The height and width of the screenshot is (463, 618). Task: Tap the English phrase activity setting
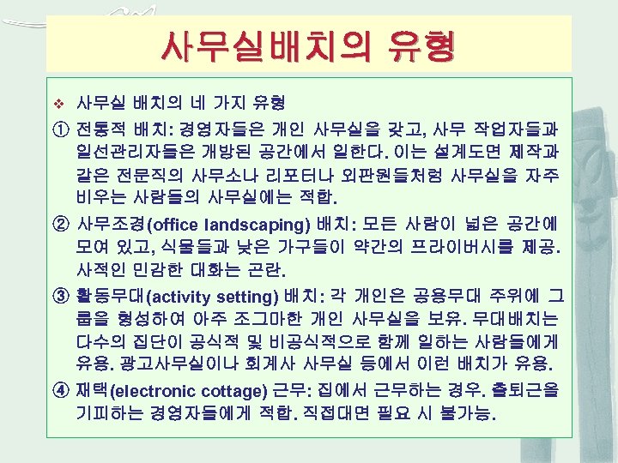click(x=214, y=298)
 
